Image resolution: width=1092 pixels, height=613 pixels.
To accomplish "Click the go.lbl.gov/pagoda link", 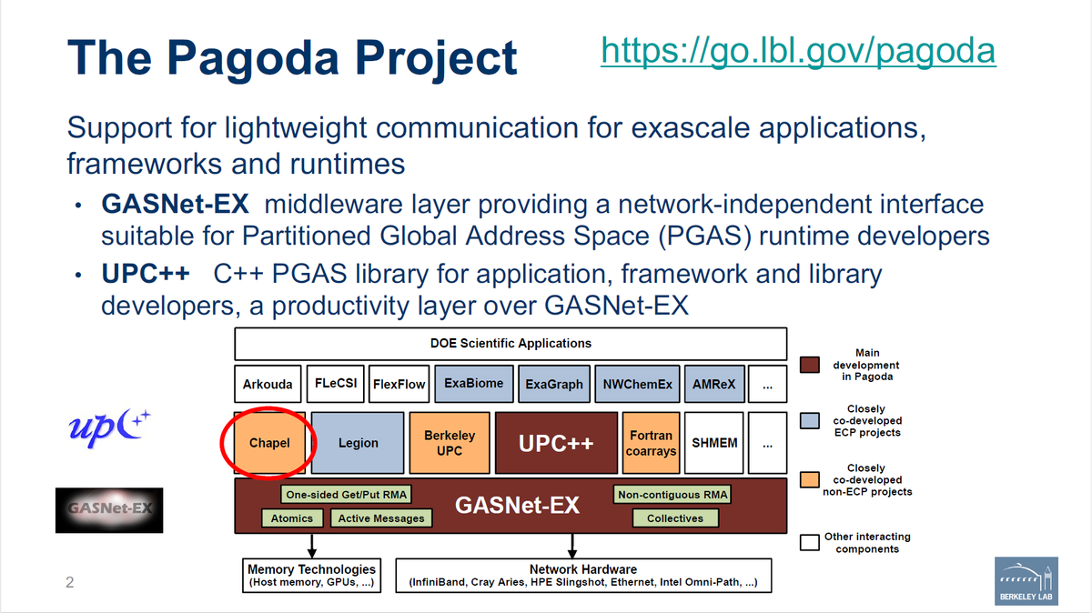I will [x=798, y=51].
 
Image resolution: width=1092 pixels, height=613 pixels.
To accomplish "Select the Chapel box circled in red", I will [x=269, y=443].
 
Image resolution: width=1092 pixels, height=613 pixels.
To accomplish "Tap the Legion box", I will [x=358, y=443].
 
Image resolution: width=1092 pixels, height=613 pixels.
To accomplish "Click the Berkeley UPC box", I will [x=450, y=443].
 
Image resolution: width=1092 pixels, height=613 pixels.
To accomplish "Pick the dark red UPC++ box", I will [x=555, y=443].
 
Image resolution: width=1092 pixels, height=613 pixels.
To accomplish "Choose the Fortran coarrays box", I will [x=651, y=443].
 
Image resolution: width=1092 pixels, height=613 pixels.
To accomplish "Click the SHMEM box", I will [x=714, y=443].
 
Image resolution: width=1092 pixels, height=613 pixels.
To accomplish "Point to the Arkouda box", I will [x=268, y=384].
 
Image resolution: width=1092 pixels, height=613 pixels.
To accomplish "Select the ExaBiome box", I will [x=473, y=384].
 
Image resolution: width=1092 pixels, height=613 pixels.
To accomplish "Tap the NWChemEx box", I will [x=637, y=384].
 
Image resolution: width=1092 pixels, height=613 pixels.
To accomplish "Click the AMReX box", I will [x=713, y=384].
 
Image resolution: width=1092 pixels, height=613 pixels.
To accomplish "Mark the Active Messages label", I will [x=380, y=518].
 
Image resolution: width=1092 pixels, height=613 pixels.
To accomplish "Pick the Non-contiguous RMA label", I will [x=672, y=495].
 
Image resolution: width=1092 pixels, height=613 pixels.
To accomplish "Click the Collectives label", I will [x=674, y=518].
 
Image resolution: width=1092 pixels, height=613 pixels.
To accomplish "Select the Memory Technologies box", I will [x=311, y=576].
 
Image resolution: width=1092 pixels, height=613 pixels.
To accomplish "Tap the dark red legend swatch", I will [x=811, y=365].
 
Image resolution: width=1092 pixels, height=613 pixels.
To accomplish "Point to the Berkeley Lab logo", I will [x=1026, y=579].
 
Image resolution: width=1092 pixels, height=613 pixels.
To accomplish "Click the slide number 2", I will [x=69, y=582].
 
